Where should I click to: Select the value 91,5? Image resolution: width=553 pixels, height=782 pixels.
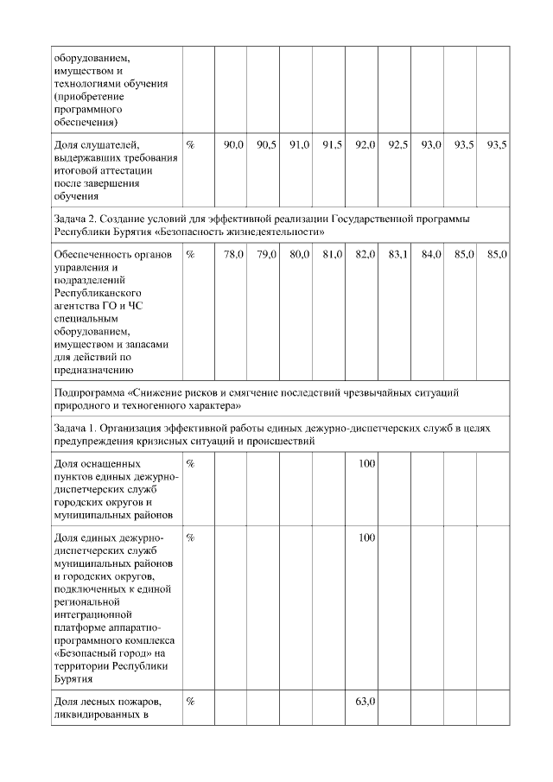point(333,145)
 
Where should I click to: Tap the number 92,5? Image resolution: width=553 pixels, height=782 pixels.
point(398,145)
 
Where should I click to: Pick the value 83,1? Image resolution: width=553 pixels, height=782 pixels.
point(398,255)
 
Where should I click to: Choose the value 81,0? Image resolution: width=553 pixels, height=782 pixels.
point(333,255)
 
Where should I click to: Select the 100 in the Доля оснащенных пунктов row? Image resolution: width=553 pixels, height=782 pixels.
point(367,465)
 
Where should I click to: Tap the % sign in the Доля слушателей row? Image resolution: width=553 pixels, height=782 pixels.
point(190,145)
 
